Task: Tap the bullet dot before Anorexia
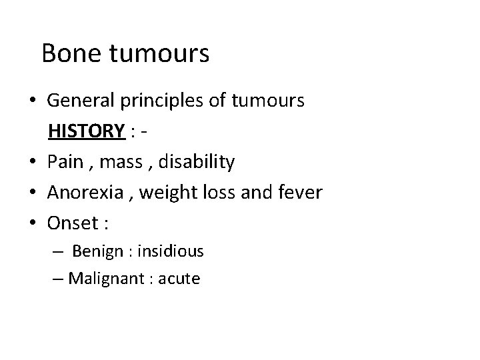(x=33, y=193)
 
